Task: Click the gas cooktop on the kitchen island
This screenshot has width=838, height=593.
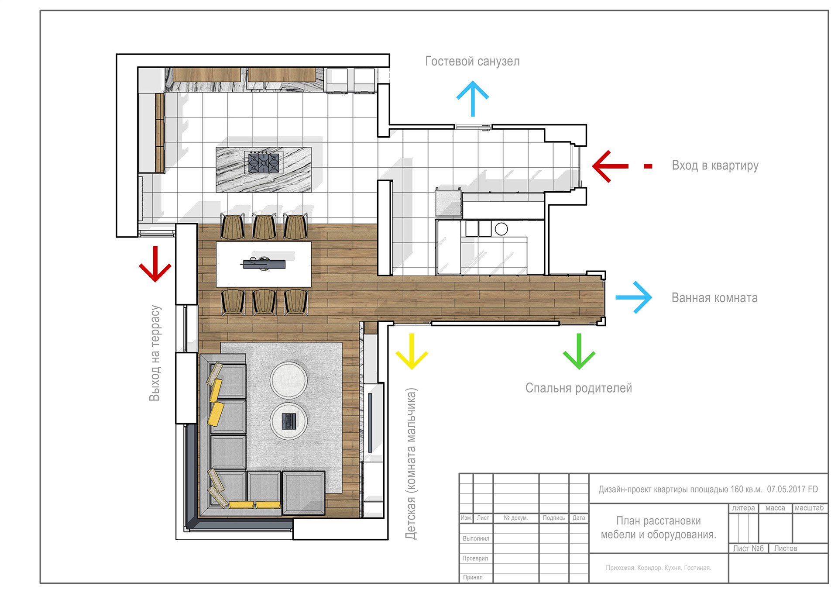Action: (263, 163)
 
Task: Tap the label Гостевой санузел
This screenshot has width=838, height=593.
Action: (472, 61)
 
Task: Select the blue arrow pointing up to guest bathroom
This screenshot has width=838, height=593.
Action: (473, 98)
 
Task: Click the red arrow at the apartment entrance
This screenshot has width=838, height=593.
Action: (609, 166)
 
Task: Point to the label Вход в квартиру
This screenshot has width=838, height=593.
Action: (715, 165)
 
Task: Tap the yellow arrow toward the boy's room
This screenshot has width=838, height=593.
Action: (412, 352)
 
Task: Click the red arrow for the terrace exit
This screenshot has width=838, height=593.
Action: (155, 264)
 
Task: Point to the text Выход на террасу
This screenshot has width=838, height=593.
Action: (155, 353)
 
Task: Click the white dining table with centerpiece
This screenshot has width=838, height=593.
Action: (264, 264)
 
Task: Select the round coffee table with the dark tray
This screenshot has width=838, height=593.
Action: (288, 421)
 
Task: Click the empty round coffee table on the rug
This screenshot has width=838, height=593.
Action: (288, 380)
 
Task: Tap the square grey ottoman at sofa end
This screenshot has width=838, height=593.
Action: (303, 493)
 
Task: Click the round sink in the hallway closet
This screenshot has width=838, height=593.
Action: (501, 229)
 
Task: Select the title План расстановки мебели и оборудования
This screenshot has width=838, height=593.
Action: (658, 527)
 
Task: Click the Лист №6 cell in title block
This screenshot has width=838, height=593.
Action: (748, 548)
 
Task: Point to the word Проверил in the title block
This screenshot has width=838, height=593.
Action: (475, 558)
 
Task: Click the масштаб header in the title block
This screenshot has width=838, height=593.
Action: (809, 508)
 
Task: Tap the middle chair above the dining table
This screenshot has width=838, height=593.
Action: (264, 227)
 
